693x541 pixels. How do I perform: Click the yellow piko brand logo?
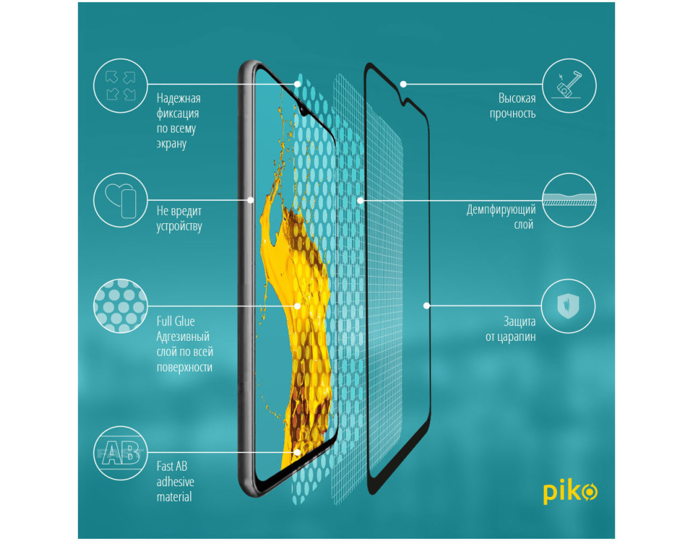pos(570,493)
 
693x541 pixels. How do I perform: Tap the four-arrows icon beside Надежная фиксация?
pos(120,85)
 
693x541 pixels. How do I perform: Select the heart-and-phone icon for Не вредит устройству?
pos(120,200)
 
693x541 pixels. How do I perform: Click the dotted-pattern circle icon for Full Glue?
pos(120,306)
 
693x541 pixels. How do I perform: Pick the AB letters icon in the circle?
pos(120,452)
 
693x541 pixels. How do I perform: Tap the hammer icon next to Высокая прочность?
pos(569,85)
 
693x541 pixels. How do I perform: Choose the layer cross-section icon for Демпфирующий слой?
pos(569,200)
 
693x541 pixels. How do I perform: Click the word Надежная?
pos(179,99)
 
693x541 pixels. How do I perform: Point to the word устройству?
pos(179,227)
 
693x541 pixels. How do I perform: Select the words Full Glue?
pos(175,321)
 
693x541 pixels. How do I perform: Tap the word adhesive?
pos(175,481)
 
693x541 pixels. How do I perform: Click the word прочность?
pos(513,114)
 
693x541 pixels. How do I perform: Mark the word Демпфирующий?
pos(501,210)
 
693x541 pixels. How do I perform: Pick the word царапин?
pos(516,337)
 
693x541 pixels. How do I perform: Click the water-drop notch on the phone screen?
pos(303,108)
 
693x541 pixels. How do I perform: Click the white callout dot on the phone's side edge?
pos(250,200)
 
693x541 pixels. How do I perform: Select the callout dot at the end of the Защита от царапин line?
pos(426,306)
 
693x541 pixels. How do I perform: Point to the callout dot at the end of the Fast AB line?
pos(298,452)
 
